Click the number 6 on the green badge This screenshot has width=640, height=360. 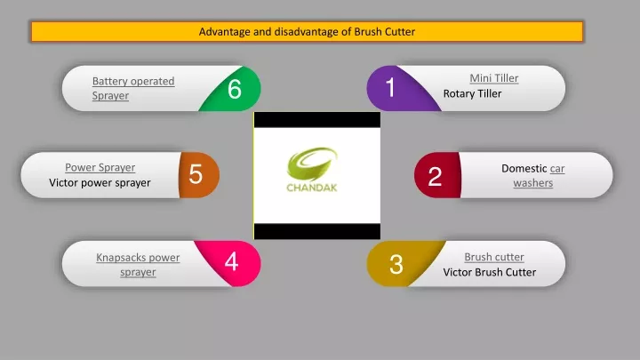(235, 89)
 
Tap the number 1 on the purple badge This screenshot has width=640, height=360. (390, 87)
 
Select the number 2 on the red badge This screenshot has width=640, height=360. (435, 176)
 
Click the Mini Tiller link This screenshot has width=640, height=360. (494, 78)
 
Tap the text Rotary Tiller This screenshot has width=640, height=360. (472, 93)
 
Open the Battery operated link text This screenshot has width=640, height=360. (133, 81)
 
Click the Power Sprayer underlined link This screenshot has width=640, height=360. (100, 167)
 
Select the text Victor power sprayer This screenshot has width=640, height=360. (100, 182)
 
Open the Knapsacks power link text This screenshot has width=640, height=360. (138, 258)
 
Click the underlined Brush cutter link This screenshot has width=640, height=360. (494, 257)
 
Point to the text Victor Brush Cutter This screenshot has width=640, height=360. (490, 272)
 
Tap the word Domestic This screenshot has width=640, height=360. (524, 168)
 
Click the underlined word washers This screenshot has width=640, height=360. (533, 183)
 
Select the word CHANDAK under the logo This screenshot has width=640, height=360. (312, 188)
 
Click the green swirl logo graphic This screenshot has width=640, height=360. (312, 164)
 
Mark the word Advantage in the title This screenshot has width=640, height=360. (224, 32)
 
